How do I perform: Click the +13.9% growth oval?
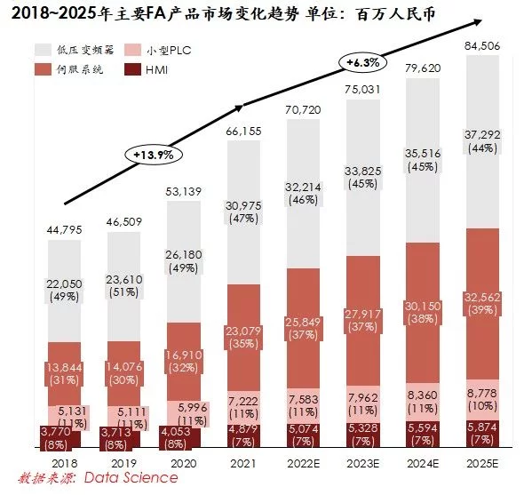[154, 155]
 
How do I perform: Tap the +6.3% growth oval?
[363, 62]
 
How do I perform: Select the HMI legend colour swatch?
[132, 69]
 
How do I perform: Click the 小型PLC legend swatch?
[132, 50]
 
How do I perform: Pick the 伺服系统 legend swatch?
[44, 69]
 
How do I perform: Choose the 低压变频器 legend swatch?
[44, 50]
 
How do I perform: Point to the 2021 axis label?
[243, 464]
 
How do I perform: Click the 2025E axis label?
[482, 464]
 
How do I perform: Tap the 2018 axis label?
[65, 464]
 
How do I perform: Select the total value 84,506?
[482, 46]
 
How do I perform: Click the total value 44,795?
[65, 230]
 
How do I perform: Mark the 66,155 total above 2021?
[243, 132]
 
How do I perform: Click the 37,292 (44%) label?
[482, 141]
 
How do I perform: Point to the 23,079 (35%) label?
[243, 338]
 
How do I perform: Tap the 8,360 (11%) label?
[423, 402]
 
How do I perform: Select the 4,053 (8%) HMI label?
[176, 438]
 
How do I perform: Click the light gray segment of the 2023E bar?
[363, 178]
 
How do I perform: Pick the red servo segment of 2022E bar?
[303, 328]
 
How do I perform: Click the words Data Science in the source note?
[131, 477]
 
